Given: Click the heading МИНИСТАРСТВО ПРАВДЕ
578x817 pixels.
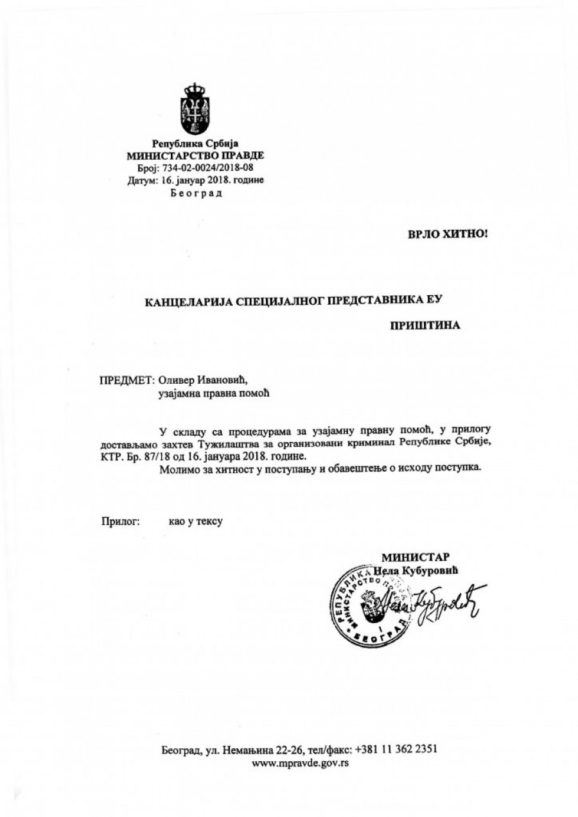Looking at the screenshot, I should pyautogui.click(x=195, y=155).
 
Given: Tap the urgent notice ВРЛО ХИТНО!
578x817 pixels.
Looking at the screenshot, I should pyautogui.click(x=448, y=235).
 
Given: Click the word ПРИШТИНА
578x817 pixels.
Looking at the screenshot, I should pyautogui.click(x=425, y=325).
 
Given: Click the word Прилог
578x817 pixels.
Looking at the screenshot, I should pyautogui.click(x=120, y=522).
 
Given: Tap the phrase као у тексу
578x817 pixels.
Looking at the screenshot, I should pyautogui.click(x=191, y=522).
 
